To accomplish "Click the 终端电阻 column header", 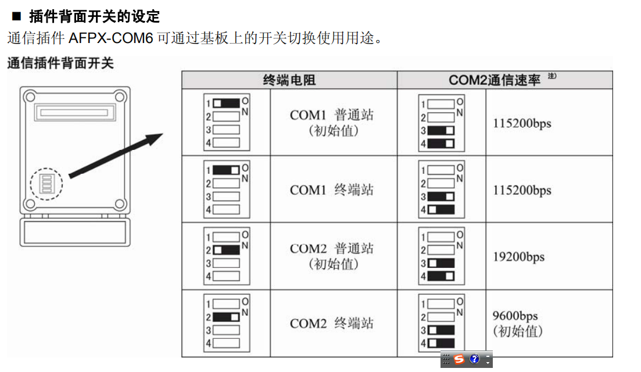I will point(289,80).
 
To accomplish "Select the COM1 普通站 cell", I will point(332,122).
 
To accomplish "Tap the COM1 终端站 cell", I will point(332,189).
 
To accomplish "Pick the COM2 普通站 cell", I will point(332,256).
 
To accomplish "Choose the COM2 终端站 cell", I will point(332,323).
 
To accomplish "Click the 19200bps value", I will point(519,256).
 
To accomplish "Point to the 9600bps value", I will point(515,317).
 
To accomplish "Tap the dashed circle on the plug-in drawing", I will point(46,184).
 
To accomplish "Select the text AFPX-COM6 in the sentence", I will point(112,39).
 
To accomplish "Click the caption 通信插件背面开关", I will point(60,63).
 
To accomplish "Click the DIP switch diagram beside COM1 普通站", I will point(227,122).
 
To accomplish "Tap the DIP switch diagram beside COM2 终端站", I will point(227,323).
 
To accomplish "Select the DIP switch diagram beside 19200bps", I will point(442,256).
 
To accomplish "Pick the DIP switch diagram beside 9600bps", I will point(442,323).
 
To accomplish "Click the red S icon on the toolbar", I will point(460,359).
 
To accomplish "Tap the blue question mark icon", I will point(474,359).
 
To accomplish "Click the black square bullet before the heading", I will point(16,16).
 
